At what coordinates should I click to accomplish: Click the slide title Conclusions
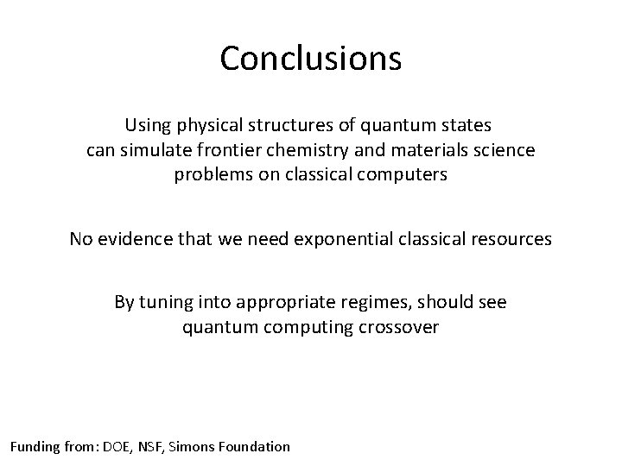coord(311,59)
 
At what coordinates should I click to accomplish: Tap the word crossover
coord(403,327)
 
